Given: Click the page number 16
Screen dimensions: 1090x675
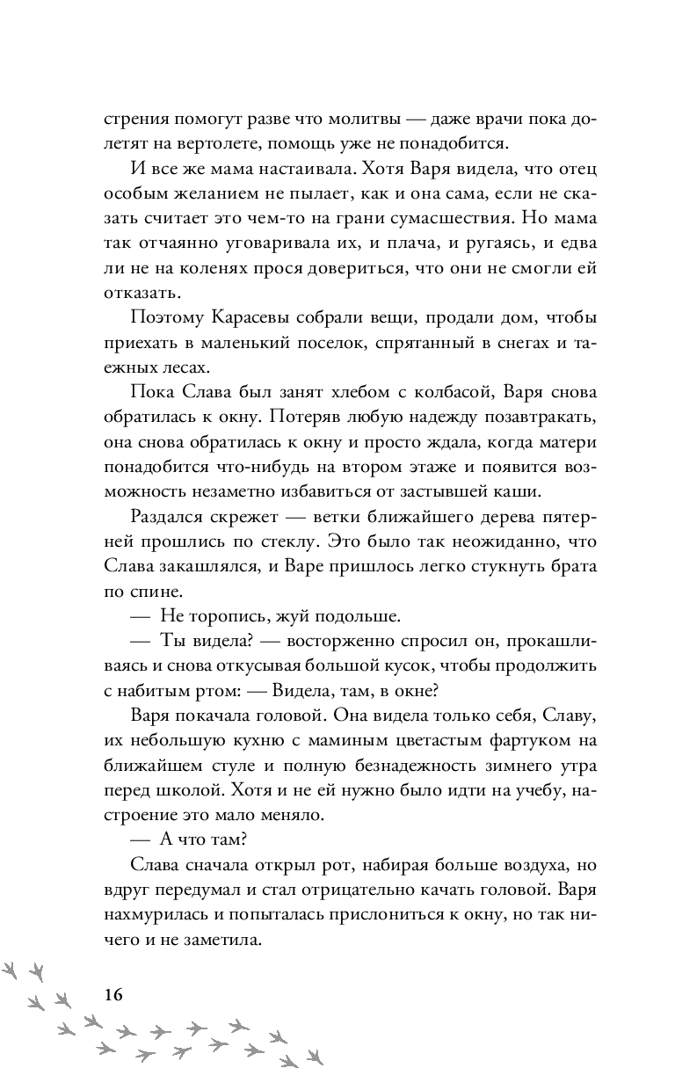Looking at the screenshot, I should point(112,995).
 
